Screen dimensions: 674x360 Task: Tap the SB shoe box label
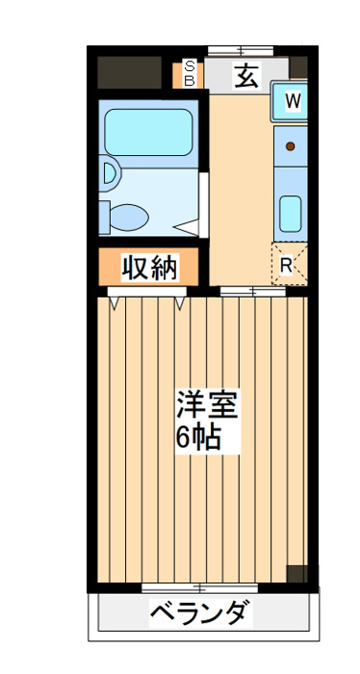[x=190, y=74]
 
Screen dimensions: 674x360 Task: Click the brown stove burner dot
[x=290, y=147]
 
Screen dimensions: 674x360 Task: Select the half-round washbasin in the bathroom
[x=109, y=174]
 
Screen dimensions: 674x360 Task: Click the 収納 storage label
[x=150, y=267]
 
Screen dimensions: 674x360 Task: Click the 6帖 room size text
[x=198, y=437]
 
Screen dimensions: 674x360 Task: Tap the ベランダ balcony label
[x=201, y=612]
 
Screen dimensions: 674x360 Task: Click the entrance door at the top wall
[x=239, y=50]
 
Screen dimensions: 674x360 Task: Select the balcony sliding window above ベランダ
[x=200, y=586]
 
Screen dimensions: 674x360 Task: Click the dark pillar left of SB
[x=129, y=73]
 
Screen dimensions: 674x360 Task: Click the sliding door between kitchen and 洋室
[x=252, y=291]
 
